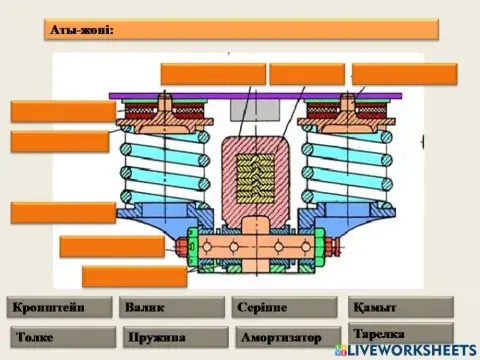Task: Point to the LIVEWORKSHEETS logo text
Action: coord(410,351)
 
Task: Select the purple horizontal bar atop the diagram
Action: coord(256,95)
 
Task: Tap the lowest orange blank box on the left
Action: coord(134,276)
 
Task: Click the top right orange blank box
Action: coord(404,73)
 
